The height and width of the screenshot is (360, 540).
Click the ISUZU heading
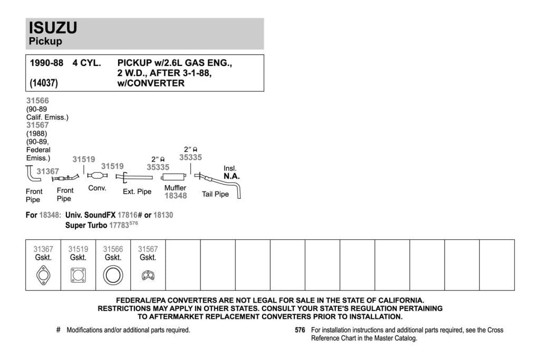53,27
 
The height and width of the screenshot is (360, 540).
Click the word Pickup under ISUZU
45,41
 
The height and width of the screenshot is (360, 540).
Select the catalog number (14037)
44,83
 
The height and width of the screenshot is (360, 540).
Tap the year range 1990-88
46,63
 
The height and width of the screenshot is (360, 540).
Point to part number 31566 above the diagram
37,101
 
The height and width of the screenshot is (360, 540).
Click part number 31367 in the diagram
48,171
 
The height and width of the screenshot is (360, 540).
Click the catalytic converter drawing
97,176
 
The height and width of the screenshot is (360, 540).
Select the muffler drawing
174,177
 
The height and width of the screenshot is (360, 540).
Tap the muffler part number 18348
176,196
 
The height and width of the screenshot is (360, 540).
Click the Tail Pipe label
215,194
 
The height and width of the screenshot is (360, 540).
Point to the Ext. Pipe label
137,191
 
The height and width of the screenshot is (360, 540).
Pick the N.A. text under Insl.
232,176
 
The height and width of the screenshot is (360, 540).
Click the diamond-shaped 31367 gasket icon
43,275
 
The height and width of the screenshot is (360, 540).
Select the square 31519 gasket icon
78,275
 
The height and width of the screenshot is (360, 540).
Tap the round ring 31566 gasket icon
113,275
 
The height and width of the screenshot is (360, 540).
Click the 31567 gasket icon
148,275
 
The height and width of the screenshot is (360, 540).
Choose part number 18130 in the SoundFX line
163,215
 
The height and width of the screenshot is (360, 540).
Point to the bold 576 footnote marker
300,330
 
